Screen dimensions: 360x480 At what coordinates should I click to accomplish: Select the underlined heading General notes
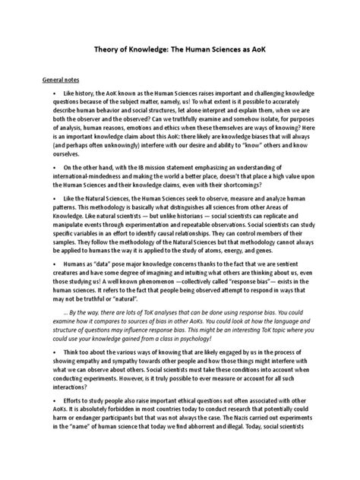click(65, 78)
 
